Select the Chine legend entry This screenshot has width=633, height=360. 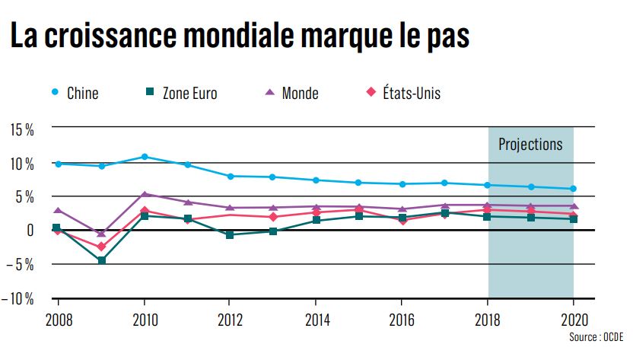[x=75, y=94]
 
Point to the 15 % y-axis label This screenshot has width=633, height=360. [x=21, y=129]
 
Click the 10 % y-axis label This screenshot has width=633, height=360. [x=21, y=163]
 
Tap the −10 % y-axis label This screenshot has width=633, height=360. [x=18, y=298]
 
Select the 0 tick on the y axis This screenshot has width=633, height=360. [x=30, y=230]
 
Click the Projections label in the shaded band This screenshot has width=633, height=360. [x=530, y=144]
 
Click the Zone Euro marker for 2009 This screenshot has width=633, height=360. [x=101, y=260]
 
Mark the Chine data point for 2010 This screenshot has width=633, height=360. [x=145, y=157]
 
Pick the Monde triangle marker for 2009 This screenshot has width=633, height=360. [x=101, y=234]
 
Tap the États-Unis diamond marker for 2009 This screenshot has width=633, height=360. [x=101, y=247]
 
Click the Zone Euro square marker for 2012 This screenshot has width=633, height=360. [x=230, y=235]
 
